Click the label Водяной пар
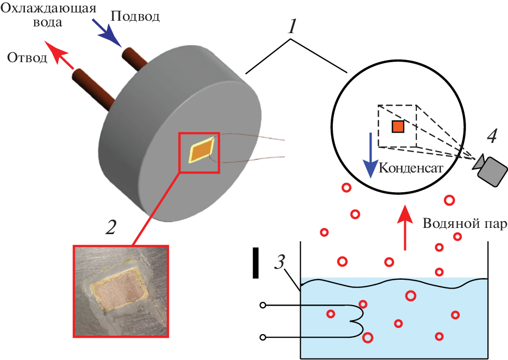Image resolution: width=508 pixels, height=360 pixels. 464,223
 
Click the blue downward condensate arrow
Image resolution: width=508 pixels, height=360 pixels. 370,155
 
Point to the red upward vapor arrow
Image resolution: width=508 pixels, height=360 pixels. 405,227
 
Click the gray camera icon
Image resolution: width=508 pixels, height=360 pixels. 490,169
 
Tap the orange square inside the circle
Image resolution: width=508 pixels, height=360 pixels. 398,126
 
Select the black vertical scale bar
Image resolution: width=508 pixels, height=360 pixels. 256,263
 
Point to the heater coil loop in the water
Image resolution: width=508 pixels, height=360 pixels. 358,322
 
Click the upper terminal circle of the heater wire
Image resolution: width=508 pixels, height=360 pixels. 263,306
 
